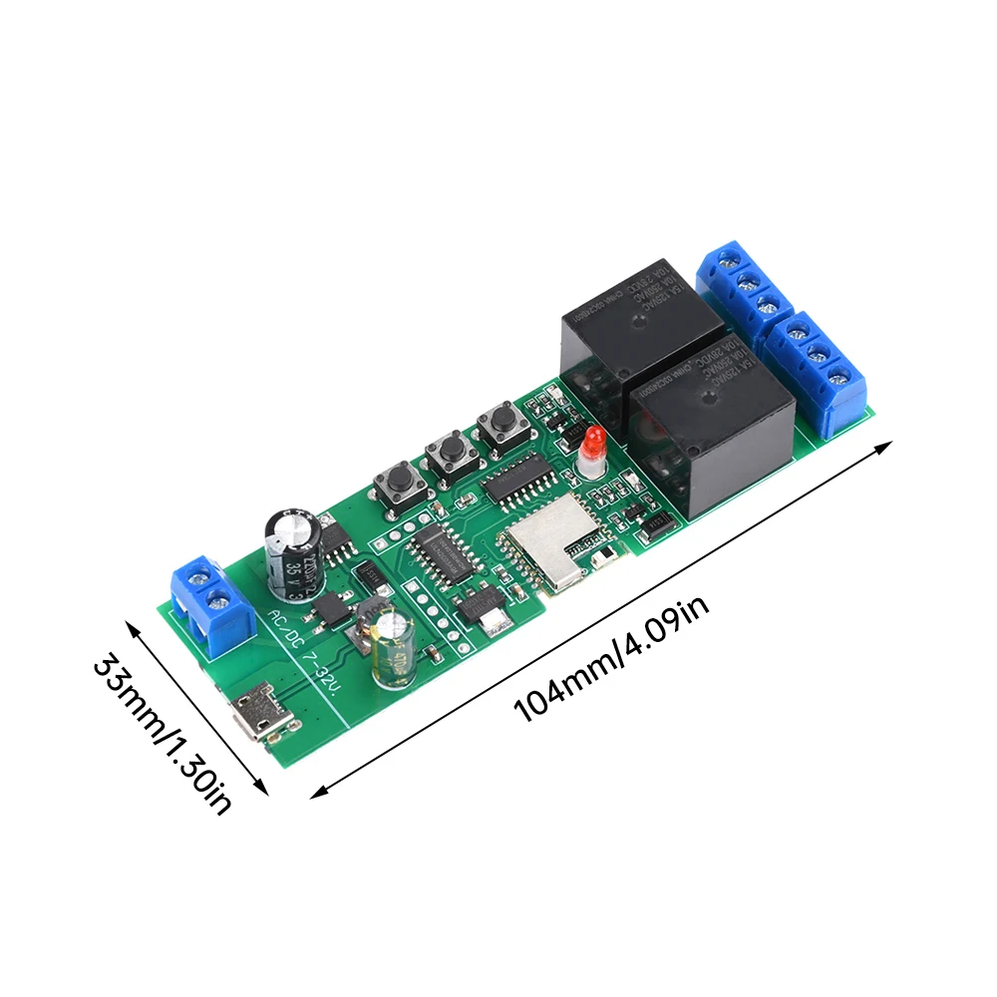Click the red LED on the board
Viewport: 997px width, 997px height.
point(593,446)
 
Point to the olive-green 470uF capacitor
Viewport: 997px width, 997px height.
point(394,649)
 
